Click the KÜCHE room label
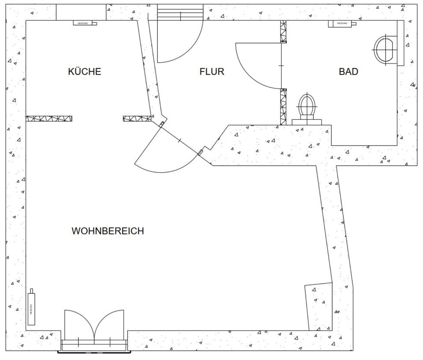click(x=85, y=71)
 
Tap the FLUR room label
click(x=212, y=71)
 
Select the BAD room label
click(x=349, y=71)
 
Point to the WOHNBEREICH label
click(x=108, y=231)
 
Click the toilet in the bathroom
click(x=307, y=106)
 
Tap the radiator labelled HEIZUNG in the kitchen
click(x=85, y=23)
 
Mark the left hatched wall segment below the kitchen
click(x=49, y=119)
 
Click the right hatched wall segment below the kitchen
click(x=137, y=119)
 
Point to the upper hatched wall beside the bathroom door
click(x=284, y=31)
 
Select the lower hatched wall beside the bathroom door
click(x=284, y=106)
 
